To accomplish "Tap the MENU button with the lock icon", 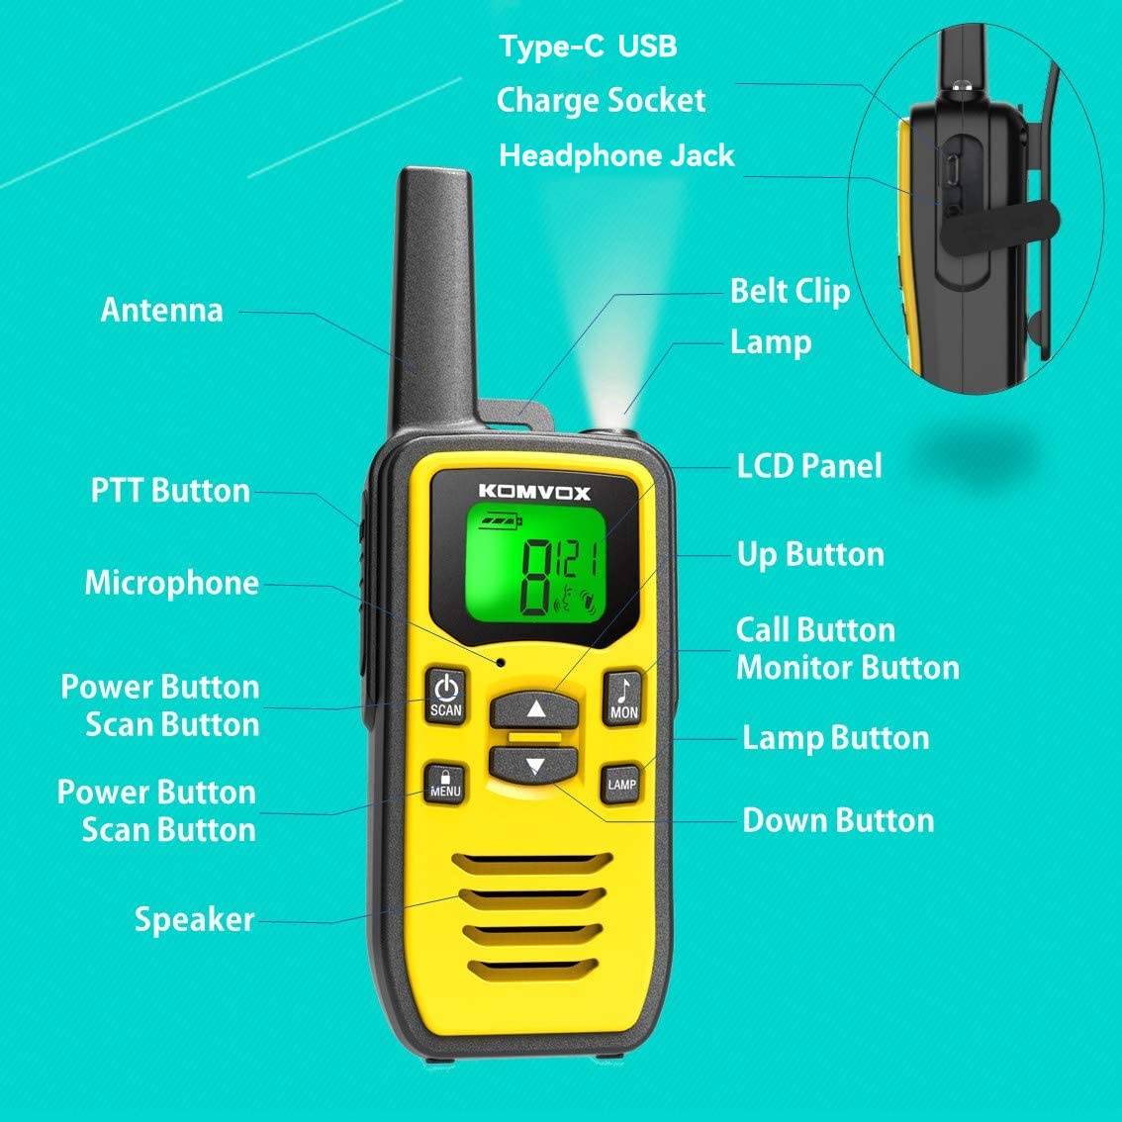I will tap(445, 783).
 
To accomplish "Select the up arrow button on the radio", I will tap(535, 708).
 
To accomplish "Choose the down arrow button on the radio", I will tap(534, 765).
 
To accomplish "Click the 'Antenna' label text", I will tap(162, 311).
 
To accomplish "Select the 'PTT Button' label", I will tap(170, 491).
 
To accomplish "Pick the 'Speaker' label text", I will tap(194, 919).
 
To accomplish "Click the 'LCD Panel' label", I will tap(808, 466).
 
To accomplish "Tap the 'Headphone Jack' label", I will tap(616, 155).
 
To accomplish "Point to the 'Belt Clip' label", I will tap(790, 291).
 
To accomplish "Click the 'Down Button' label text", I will tap(837, 820).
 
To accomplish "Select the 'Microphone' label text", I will tap(171, 583).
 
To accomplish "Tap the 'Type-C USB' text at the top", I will tap(588, 47).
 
